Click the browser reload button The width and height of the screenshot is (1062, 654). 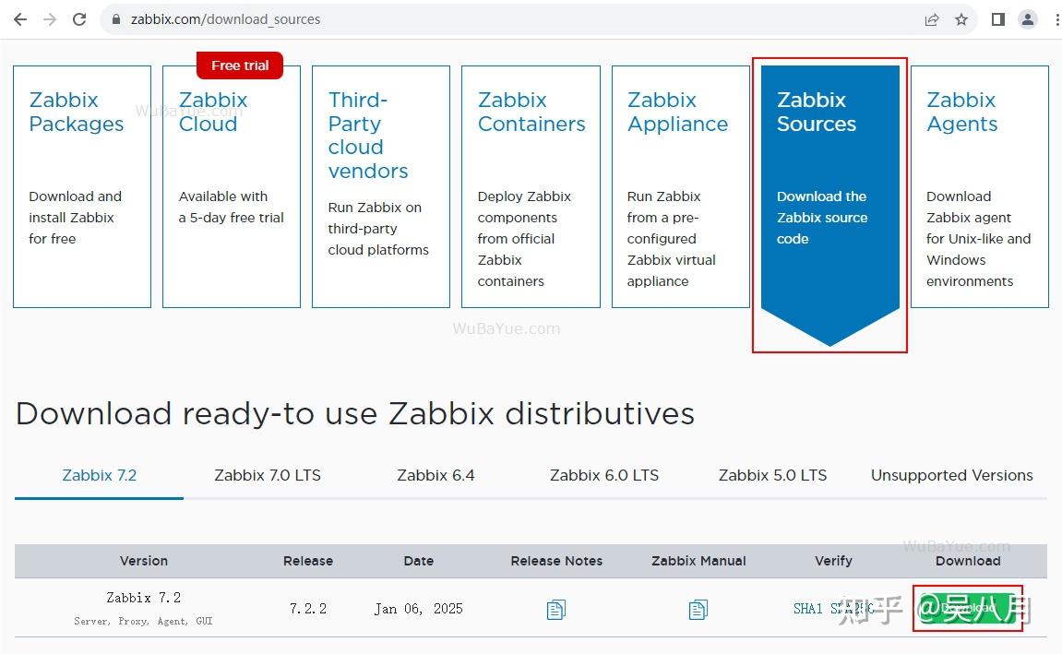point(79,19)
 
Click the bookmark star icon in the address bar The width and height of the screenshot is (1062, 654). point(961,19)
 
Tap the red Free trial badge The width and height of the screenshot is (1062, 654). point(240,65)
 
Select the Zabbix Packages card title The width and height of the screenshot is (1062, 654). point(76,112)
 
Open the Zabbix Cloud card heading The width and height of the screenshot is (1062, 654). point(213,112)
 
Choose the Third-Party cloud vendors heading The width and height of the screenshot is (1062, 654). point(367,135)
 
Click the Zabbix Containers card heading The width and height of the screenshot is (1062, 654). point(531,112)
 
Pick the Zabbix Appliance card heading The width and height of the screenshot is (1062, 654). point(677,112)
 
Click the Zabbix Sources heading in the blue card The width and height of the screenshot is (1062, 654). point(816,112)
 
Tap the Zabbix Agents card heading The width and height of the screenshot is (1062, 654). point(961,112)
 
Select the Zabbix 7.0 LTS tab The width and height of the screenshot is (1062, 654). point(268,476)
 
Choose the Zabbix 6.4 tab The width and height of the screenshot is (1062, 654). point(436,476)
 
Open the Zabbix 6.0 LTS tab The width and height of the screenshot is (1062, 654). point(604,476)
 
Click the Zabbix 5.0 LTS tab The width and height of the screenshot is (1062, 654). point(772,476)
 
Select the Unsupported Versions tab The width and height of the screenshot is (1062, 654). point(951,476)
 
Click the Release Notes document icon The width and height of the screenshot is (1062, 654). point(556,610)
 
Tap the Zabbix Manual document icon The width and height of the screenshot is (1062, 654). point(698,610)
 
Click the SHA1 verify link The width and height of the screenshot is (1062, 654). point(808,609)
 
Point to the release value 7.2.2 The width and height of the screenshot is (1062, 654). point(308,609)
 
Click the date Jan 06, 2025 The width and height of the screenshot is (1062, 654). point(418,609)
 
